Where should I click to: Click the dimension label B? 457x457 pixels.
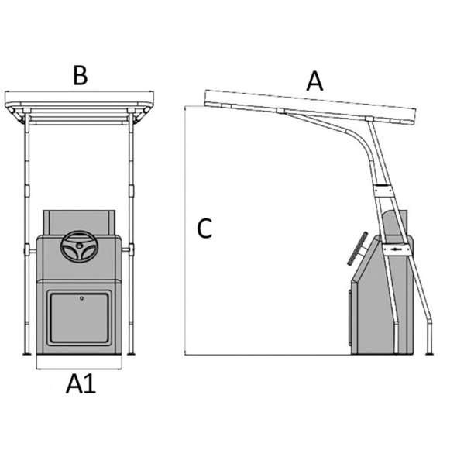(x=80, y=76)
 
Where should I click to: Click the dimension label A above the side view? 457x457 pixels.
(x=314, y=81)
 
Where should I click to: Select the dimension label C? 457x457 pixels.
(x=204, y=228)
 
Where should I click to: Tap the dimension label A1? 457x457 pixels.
(x=81, y=384)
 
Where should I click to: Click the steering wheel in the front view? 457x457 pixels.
(x=79, y=246)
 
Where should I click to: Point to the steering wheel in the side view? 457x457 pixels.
(x=357, y=249)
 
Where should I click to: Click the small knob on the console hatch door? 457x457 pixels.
(x=81, y=298)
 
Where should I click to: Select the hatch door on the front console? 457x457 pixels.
(x=79, y=318)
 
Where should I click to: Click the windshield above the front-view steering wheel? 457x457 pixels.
(x=79, y=222)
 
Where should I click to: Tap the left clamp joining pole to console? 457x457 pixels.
(x=29, y=250)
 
